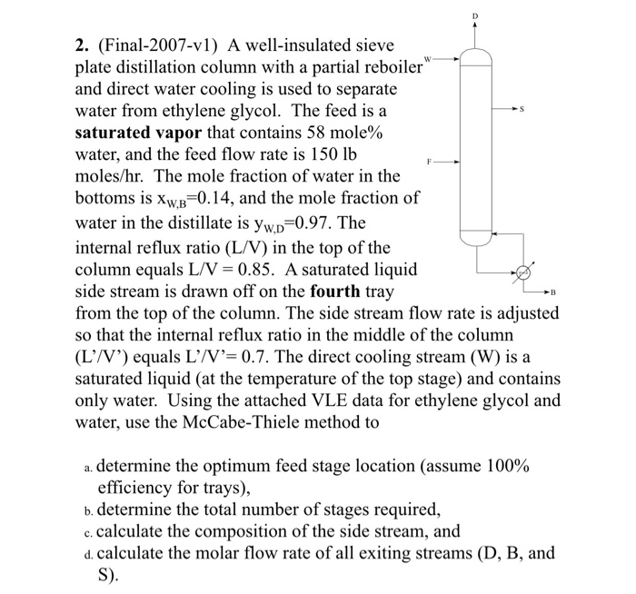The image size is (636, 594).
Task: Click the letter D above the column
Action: coord(473,16)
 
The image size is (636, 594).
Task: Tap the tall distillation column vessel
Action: coord(474,145)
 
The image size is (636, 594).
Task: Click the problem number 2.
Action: coord(81,43)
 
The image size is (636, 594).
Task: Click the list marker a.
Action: coord(85,466)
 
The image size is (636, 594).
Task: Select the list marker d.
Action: coord(85,553)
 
